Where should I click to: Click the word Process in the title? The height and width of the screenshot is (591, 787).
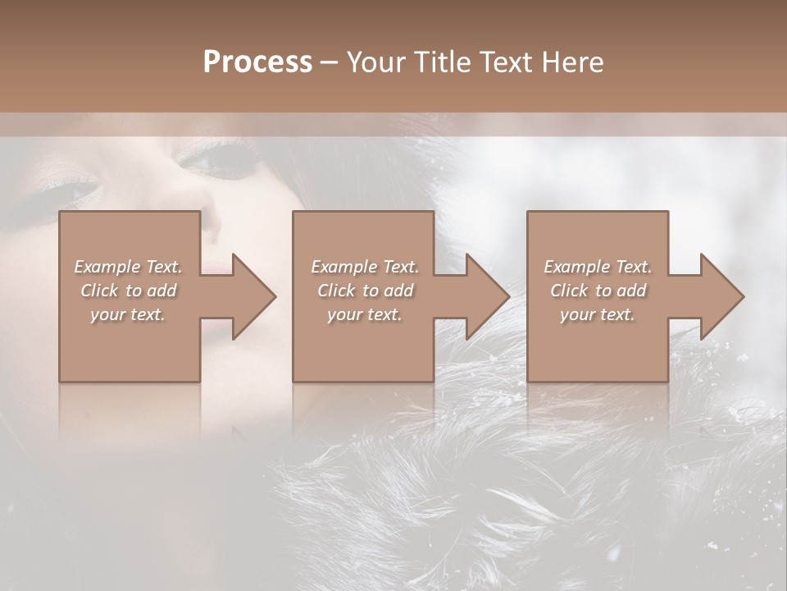pyautogui.click(x=257, y=62)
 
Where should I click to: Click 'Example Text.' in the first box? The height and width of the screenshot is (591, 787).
pyautogui.click(x=129, y=267)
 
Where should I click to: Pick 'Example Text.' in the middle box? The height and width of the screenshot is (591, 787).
pyautogui.click(x=365, y=267)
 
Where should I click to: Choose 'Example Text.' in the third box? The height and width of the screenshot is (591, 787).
pyautogui.click(x=598, y=267)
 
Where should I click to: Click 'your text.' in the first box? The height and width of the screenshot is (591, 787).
pyautogui.click(x=129, y=314)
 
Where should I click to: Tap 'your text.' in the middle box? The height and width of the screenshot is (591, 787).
pyautogui.click(x=365, y=314)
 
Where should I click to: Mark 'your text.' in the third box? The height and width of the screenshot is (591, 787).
pyautogui.click(x=598, y=314)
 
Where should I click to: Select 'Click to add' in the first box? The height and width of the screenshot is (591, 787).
pyautogui.click(x=129, y=291)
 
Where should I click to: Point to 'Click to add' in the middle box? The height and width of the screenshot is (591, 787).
pyautogui.click(x=365, y=291)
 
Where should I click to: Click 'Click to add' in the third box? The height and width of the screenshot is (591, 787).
pyautogui.click(x=598, y=291)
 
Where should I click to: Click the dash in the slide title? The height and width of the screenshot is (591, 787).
pyautogui.click(x=330, y=63)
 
